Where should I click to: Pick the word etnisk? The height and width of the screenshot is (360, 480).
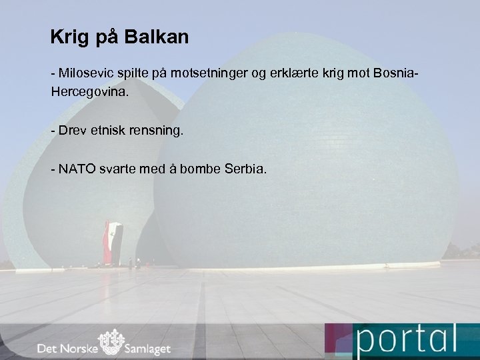coord(121,129)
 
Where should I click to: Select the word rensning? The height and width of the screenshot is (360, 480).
coord(161,129)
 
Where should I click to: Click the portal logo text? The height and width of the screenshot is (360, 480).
coord(407,341)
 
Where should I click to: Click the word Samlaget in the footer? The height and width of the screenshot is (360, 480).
coord(148,349)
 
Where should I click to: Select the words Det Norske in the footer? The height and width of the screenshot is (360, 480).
coord(65,349)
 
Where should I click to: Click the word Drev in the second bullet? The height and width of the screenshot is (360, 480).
coord(72,129)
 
